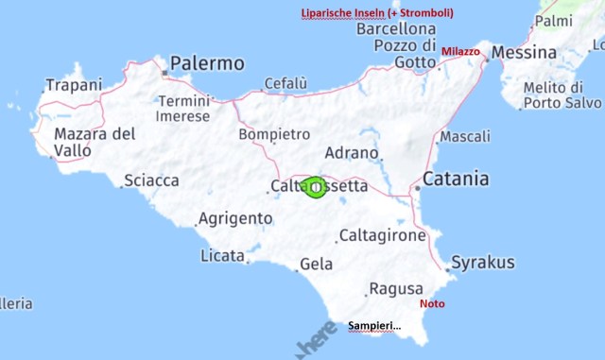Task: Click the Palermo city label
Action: (x=207, y=64)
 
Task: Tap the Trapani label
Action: (x=73, y=85)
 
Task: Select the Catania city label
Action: (x=457, y=179)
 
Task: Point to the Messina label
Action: (x=524, y=52)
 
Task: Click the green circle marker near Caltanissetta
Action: (x=315, y=188)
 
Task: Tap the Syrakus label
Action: (x=483, y=262)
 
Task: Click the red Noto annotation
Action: (x=431, y=304)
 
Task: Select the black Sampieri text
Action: (x=374, y=326)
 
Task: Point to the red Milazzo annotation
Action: (x=460, y=51)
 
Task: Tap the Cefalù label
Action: (x=285, y=84)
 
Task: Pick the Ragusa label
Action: (x=389, y=288)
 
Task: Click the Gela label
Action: (x=316, y=265)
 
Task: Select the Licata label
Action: (x=222, y=256)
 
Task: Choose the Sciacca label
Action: (x=152, y=180)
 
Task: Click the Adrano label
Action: (x=352, y=152)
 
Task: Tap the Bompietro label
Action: (x=274, y=134)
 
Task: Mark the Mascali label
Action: (x=465, y=137)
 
